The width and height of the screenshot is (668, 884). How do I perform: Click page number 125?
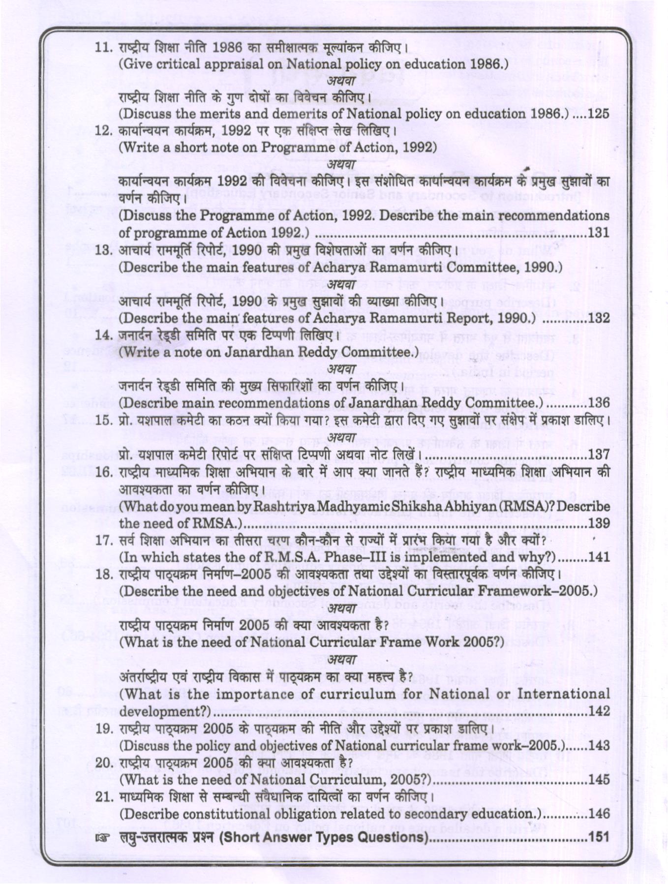(598, 114)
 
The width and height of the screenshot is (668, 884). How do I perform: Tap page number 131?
(598, 233)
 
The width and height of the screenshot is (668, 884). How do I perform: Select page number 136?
(598, 403)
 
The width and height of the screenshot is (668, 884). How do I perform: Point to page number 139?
(598, 523)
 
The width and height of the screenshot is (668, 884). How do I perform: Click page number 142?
(598, 711)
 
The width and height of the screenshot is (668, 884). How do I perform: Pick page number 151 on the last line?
(598, 836)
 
